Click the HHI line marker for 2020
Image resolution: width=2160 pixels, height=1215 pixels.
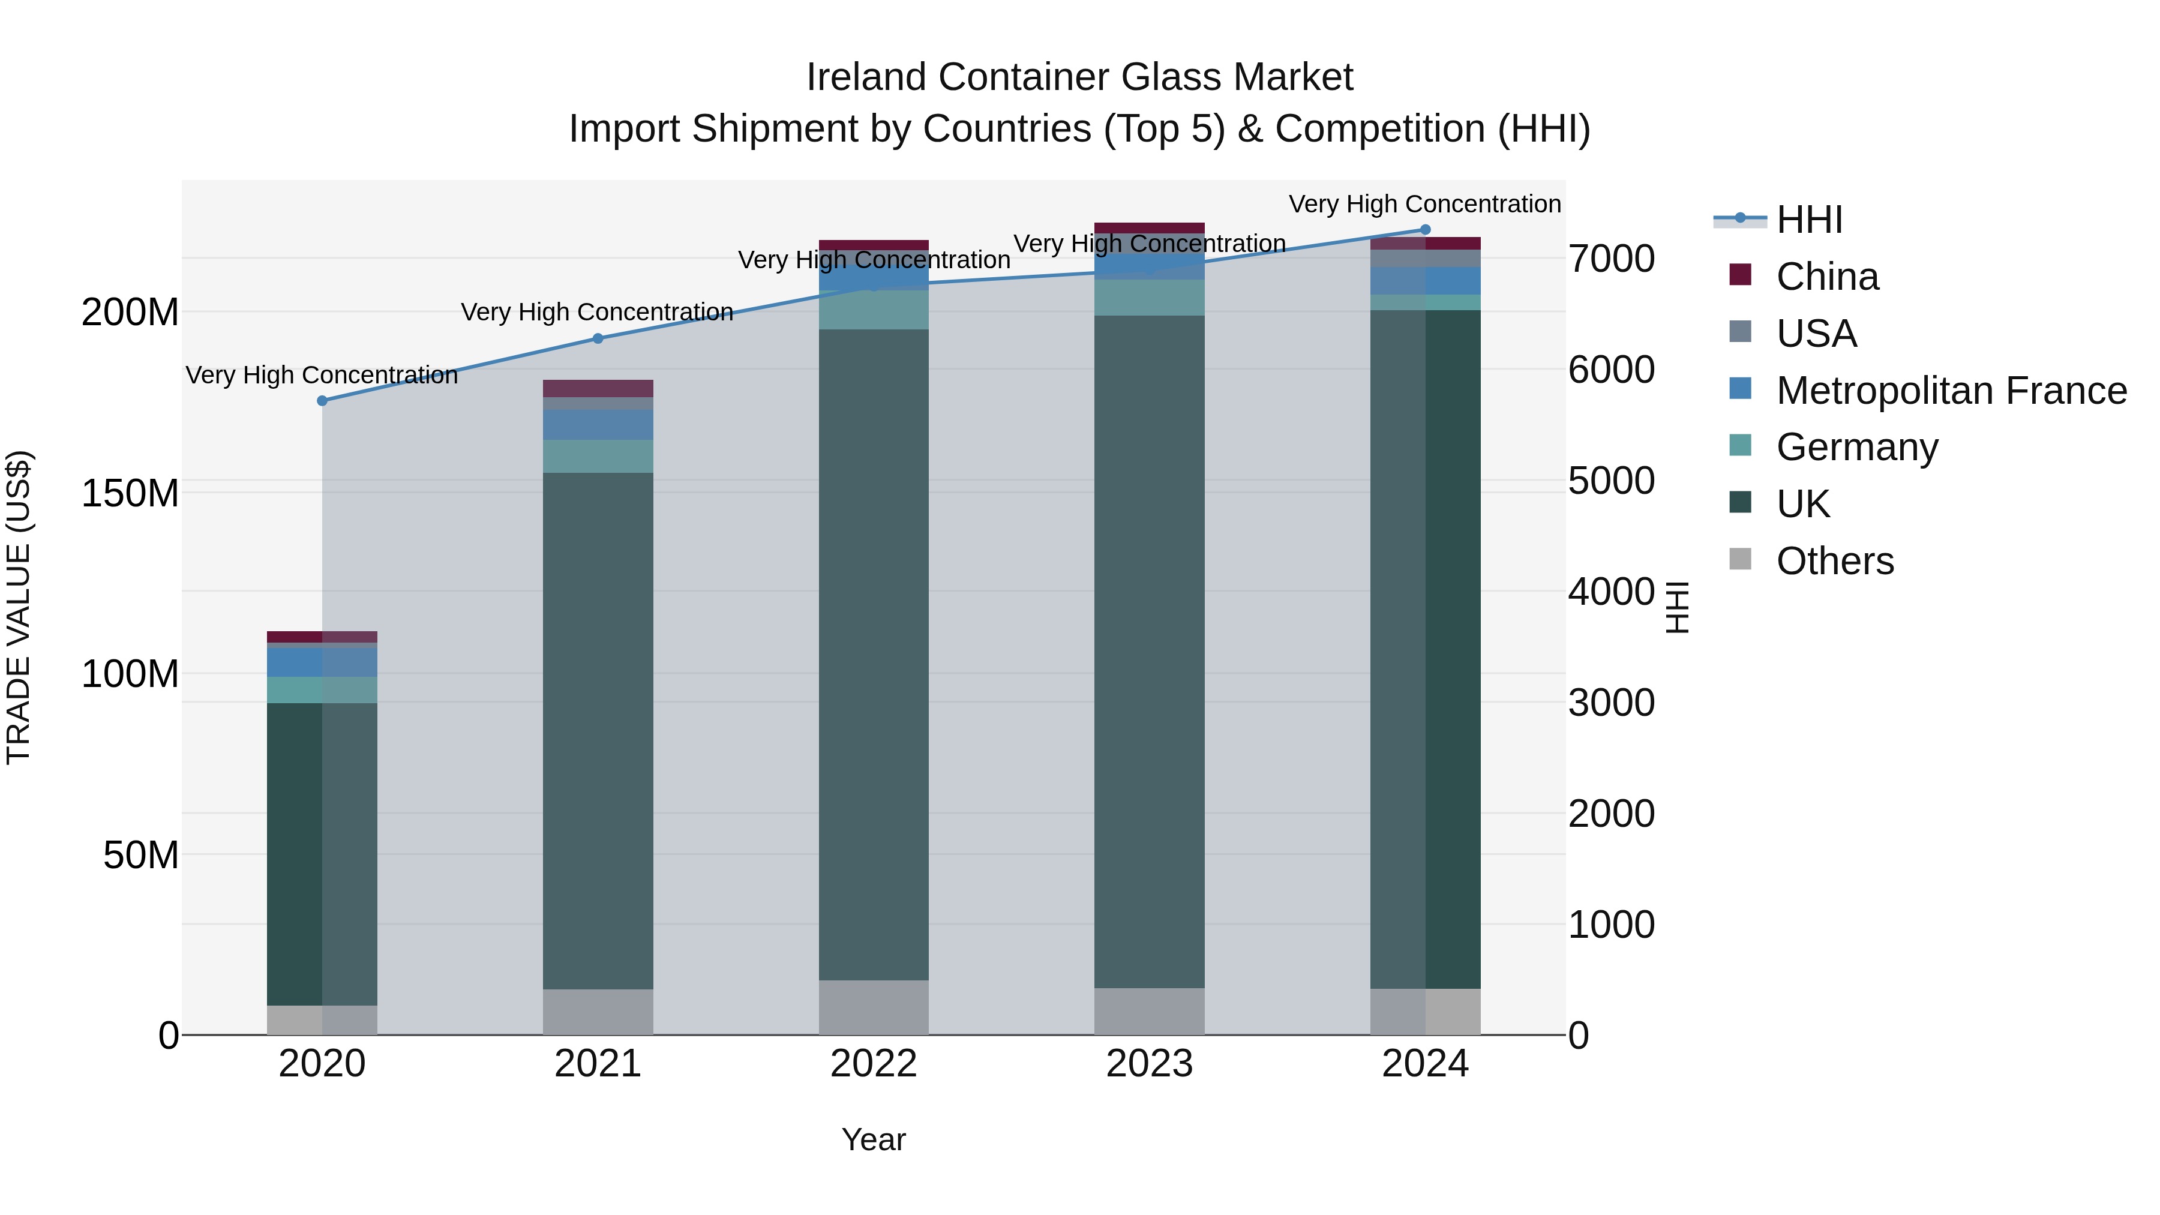click(x=322, y=401)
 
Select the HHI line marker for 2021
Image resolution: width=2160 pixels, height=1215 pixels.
click(x=598, y=339)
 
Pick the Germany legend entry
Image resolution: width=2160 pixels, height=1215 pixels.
click(x=1856, y=447)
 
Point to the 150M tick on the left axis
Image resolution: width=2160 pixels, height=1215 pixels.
click(x=130, y=493)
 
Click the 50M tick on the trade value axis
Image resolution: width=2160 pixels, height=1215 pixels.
click(x=141, y=855)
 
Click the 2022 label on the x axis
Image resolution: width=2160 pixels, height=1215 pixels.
click(x=873, y=1064)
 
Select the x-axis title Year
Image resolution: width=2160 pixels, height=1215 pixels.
click(x=873, y=1139)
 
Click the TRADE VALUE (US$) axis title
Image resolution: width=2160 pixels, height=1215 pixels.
click(x=19, y=607)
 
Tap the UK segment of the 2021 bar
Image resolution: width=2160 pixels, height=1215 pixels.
click(x=598, y=730)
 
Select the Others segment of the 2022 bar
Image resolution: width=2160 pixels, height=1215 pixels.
click(x=873, y=1007)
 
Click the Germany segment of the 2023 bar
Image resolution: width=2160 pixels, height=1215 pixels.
click(x=1149, y=298)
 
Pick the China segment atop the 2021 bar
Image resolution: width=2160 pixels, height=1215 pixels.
click(x=598, y=388)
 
